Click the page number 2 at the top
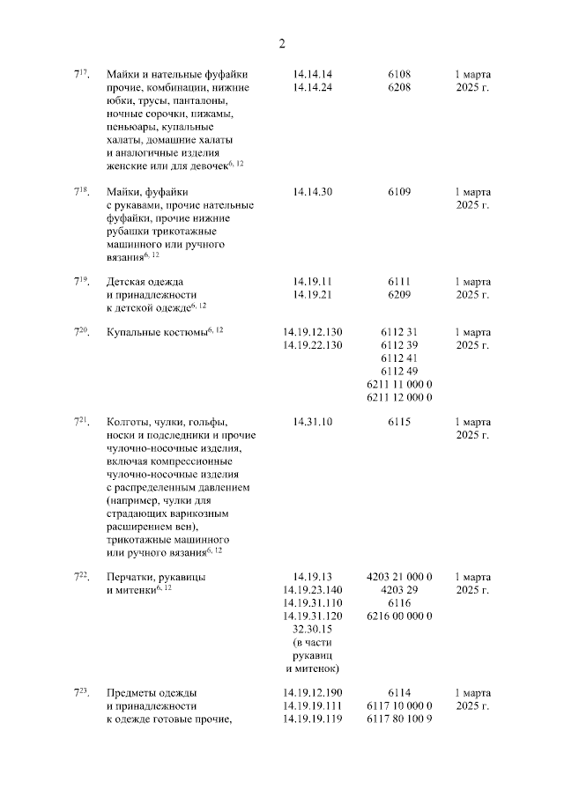pos(282,42)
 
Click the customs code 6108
pos(399,74)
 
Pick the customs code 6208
pos(399,88)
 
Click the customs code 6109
pos(399,192)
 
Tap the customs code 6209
pos(399,295)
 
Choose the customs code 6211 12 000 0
pos(399,398)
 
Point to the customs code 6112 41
pos(399,358)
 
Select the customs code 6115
pos(399,422)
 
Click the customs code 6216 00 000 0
pos(399,616)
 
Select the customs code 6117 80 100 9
pos(399,720)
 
